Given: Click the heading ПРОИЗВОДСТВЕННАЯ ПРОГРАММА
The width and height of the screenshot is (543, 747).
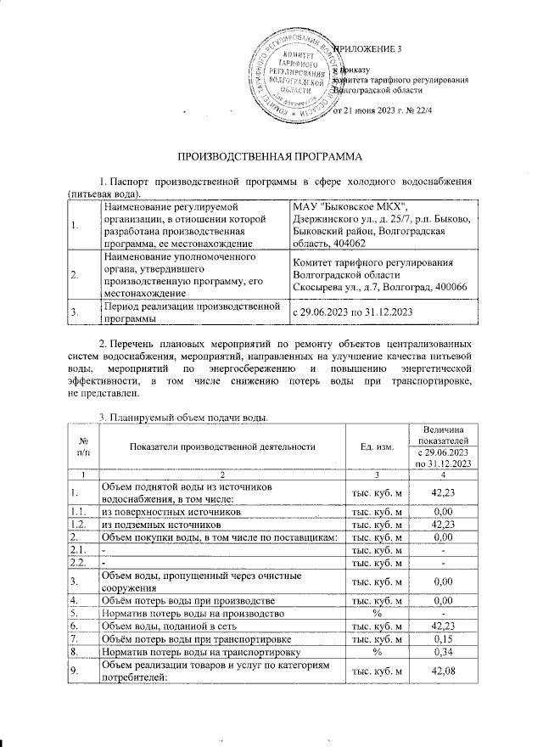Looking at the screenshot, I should point(270,158).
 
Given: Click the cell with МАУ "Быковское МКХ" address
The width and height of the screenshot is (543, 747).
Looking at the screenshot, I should point(376,225).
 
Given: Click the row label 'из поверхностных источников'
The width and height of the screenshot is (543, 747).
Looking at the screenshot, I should point(165,513).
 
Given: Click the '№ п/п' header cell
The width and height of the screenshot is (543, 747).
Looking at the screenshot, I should point(83,446).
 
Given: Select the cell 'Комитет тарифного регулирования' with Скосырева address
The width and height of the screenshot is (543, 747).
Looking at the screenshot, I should point(376,275).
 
